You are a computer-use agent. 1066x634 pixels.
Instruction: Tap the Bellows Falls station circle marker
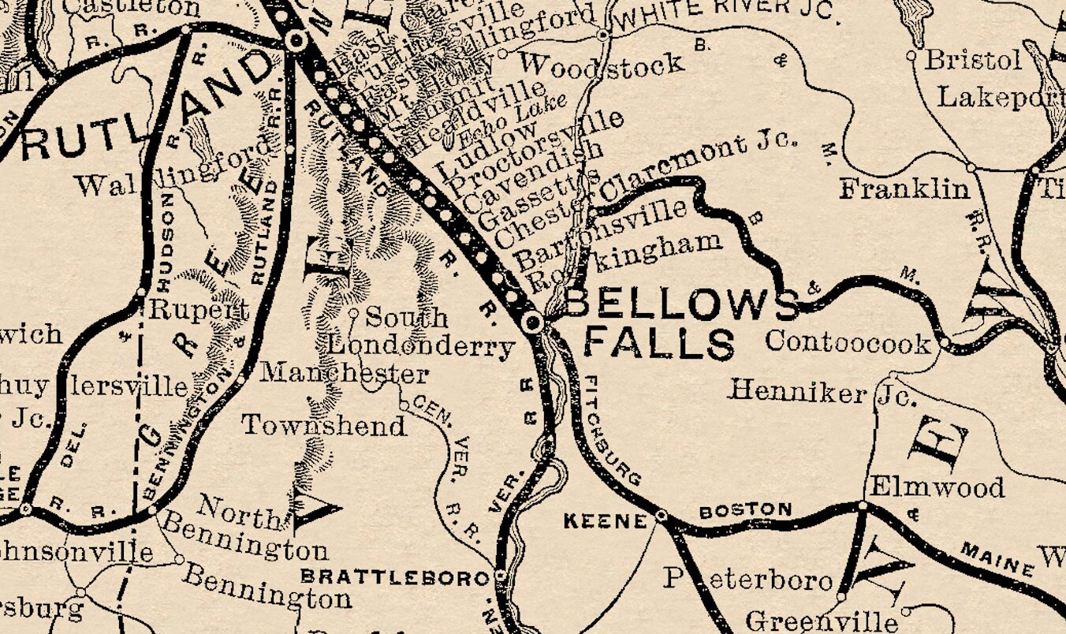pyautogui.click(x=534, y=321)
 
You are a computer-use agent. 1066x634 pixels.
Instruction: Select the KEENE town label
pyautogui.click(x=606, y=520)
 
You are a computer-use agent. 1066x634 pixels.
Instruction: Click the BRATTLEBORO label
pyautogui.click(x=394, y=578)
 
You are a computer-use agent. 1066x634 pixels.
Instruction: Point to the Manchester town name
pyautogui.click(x=345, y=373)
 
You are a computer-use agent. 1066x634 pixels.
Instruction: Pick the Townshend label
pyautogui.click(x=323, y=426)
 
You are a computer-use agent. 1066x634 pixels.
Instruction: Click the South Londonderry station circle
pyautogui.click(x=354, y=313)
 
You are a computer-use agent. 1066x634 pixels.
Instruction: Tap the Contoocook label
pyautogui.click(x=848, y=342)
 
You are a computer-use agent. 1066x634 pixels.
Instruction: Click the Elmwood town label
pyautogui.click(x=936, y=487)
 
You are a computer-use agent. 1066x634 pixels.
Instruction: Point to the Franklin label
pyautogui.click(x=904, y=189)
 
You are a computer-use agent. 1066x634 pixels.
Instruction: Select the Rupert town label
pyautogui.click(x=199, y=309)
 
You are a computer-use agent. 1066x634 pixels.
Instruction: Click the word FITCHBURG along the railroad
pyautogui.click(x=612, y=431)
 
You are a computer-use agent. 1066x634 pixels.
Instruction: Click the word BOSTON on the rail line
pyautogui.click(x=745, y=510)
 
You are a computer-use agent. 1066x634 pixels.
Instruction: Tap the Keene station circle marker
pyautogui.click(x=662, y=516)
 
